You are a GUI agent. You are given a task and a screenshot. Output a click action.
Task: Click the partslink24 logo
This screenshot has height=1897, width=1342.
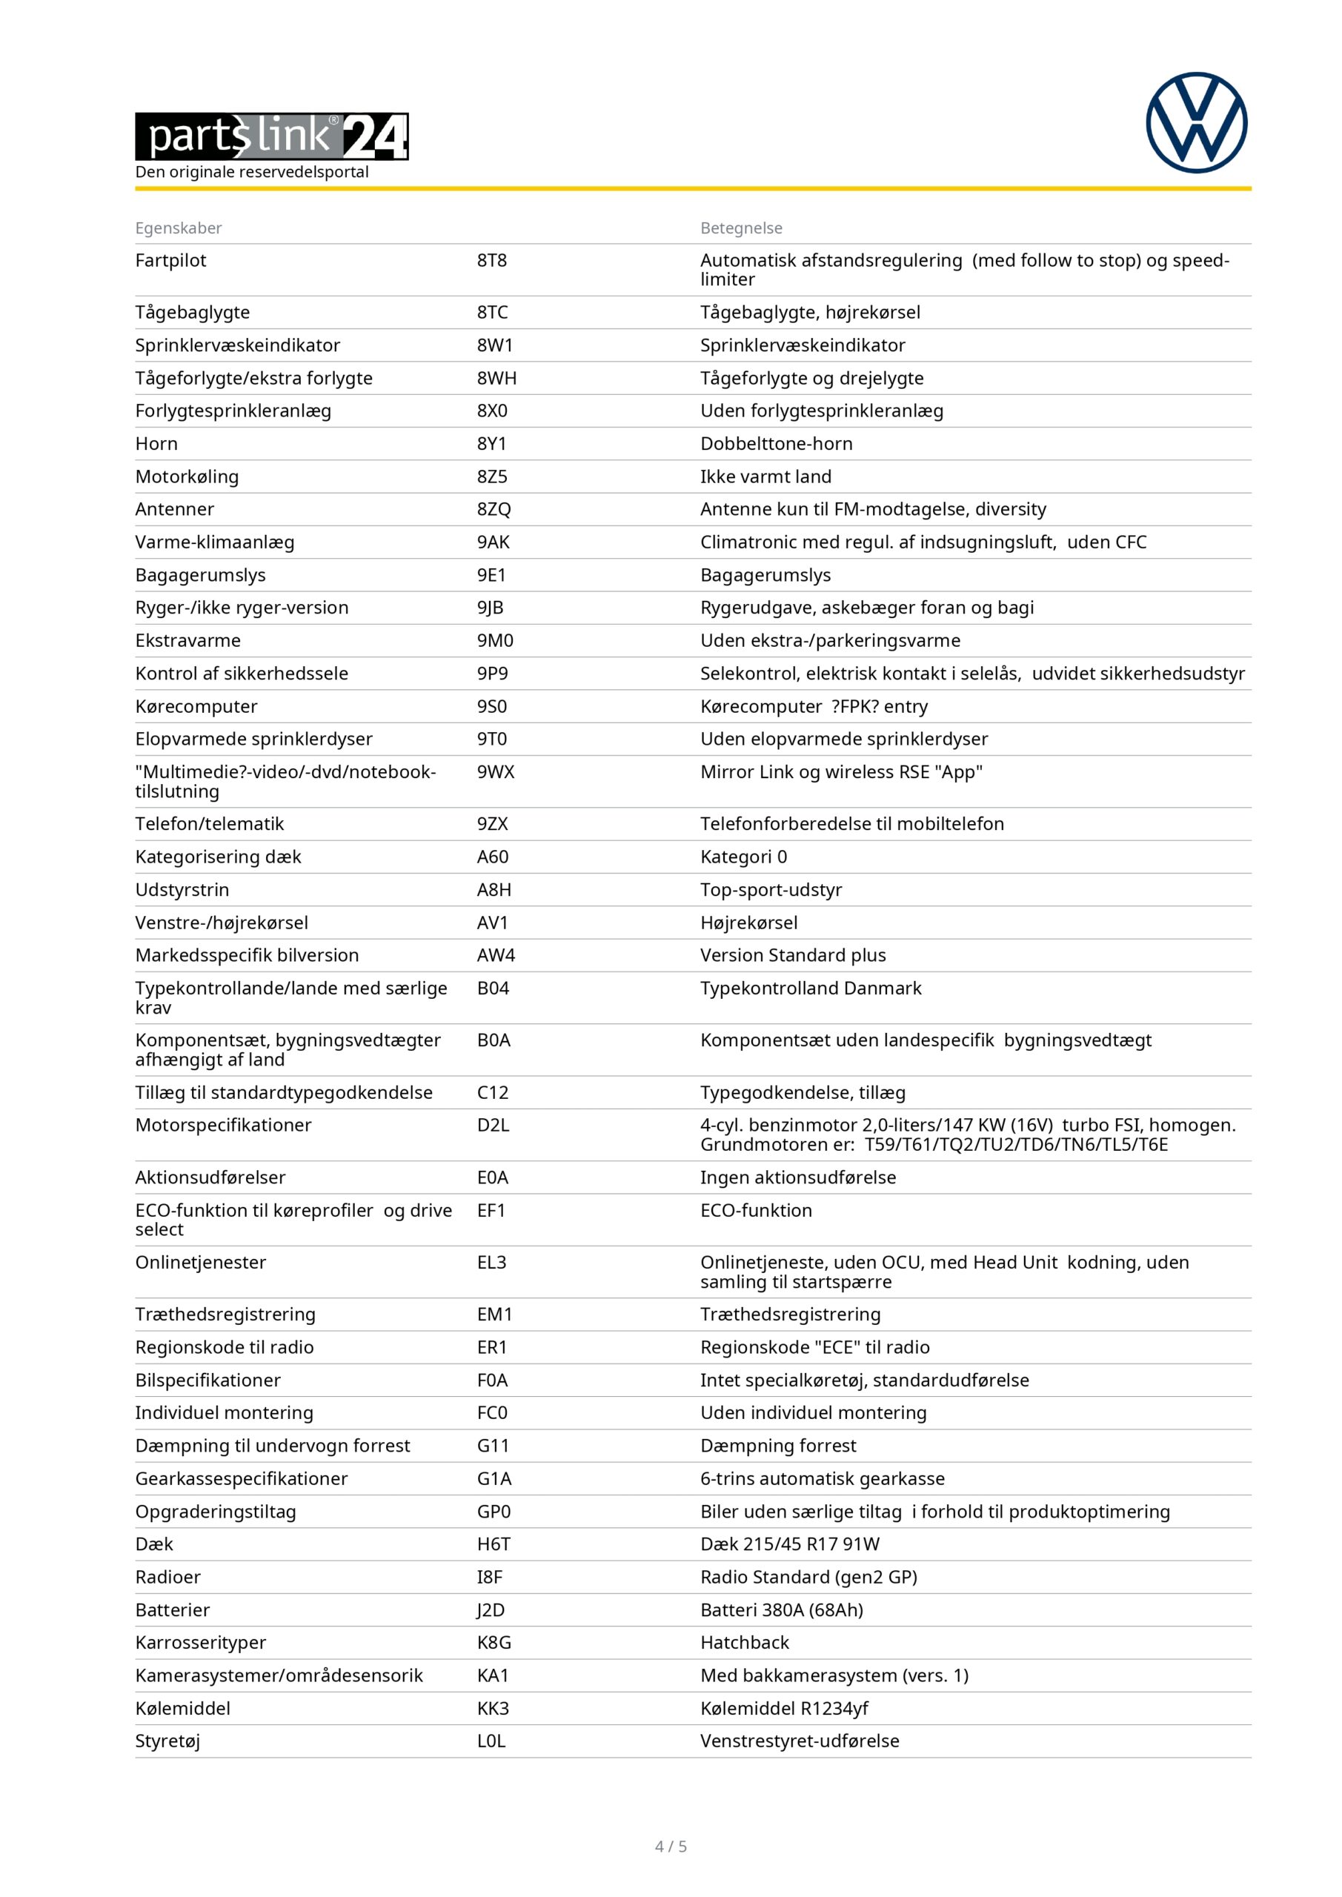(x=272, y=136)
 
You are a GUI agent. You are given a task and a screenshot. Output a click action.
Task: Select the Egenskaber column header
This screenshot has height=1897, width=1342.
(x=179, y=228)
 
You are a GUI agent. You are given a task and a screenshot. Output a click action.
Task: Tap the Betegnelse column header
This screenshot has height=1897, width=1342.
(x=741, y=228)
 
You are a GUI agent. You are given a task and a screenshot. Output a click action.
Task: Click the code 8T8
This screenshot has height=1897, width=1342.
(x=492, y=261)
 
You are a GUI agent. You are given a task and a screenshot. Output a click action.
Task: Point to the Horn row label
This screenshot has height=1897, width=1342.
(x=156, y=444)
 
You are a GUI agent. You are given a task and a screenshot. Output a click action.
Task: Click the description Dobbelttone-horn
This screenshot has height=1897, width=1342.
(x=776, y=444)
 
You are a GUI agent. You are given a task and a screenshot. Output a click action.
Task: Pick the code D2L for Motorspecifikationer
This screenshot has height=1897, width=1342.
(x=494, y=1126)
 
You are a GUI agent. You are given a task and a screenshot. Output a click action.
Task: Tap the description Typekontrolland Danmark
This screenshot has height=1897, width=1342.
(x=811, y=989)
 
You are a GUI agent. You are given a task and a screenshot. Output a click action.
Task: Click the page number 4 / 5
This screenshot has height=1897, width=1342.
(x=671, y=1847)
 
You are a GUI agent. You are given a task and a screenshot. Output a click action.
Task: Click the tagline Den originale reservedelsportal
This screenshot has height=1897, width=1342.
(x=252, y=172)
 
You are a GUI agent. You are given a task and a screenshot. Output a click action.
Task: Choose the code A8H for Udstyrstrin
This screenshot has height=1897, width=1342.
(x=494, y=890)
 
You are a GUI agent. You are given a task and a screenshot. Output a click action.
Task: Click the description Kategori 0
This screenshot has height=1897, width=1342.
(x=744, y=857)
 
